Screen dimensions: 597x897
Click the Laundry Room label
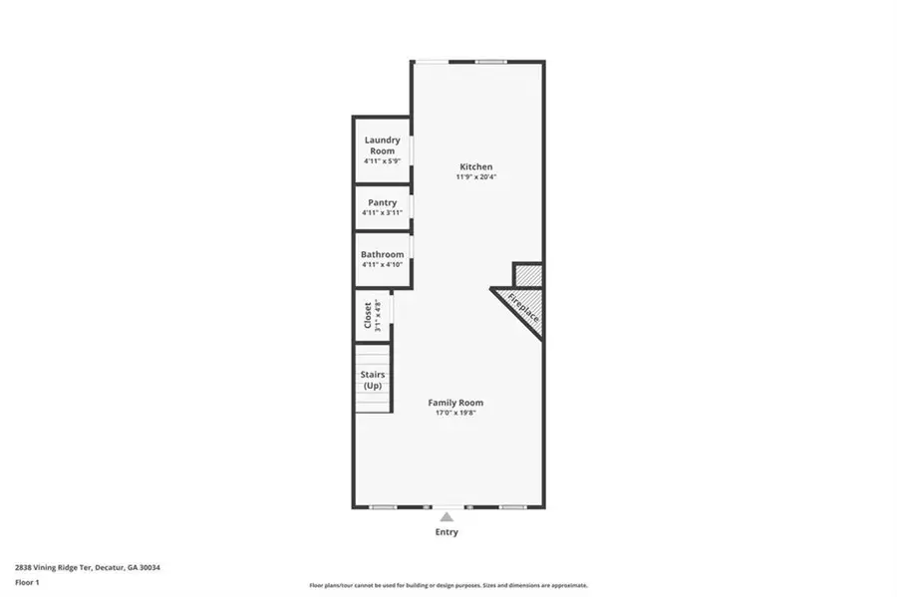coord(383,146)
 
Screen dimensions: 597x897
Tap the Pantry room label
coord(383,202)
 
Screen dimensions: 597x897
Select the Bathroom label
coord(383,254)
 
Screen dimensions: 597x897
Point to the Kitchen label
coord(475,166)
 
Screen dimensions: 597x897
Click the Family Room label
coord(455,403)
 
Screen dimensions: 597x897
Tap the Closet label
coord(368,315)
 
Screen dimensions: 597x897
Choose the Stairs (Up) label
coord(373,380)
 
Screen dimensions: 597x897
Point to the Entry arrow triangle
coord(448,516)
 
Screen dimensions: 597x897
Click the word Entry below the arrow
coord(447,532)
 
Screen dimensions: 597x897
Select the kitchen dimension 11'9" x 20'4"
coord(475,177)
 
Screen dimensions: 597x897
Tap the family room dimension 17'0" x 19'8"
coord(455,413)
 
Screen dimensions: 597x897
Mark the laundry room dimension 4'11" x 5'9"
coord(383,161)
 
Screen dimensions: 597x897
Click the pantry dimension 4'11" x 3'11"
coord(383,212)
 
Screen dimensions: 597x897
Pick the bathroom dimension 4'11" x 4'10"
coord(383,265)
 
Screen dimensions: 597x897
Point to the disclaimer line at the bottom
coord(448,585)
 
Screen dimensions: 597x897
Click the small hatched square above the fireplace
coord(527,274)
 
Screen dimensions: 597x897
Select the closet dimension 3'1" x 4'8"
coord(379,315)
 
